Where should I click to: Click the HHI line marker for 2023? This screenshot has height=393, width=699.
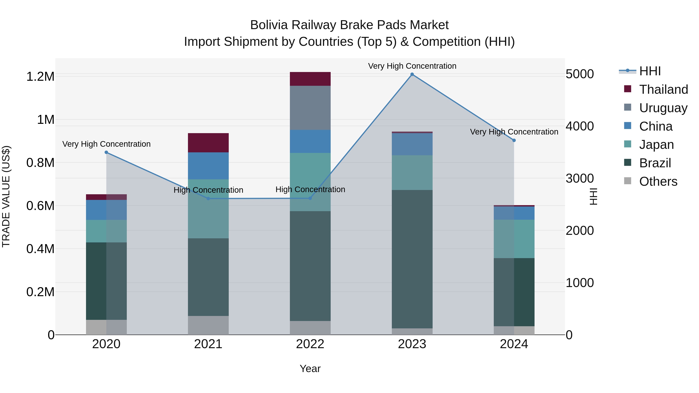(x=412, y=74)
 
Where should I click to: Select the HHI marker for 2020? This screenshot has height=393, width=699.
(x=106, y=152)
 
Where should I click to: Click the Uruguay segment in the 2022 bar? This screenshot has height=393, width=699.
(x=310, y=108)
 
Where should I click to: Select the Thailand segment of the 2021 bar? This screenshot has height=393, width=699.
(x=208, y=143)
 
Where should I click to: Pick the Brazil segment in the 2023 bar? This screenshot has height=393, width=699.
(x=412, y=259)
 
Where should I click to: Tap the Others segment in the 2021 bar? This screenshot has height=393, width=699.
(x=208, y=325)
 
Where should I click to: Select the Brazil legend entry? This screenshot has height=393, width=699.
(x=655, y=163)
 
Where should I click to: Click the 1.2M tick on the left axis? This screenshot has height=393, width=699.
(x=40, y=77)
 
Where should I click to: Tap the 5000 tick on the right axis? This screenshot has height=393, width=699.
(x=580, y=74)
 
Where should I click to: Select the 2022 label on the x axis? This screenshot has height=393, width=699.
(x=310, y=344)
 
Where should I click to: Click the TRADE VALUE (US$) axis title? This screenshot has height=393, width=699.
(x=6, y=196)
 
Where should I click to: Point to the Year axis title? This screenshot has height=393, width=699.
(x=310, y=369)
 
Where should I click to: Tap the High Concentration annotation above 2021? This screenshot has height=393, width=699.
(x=208, y=190)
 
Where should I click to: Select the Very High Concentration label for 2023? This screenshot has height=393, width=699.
(x=412, y=66)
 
